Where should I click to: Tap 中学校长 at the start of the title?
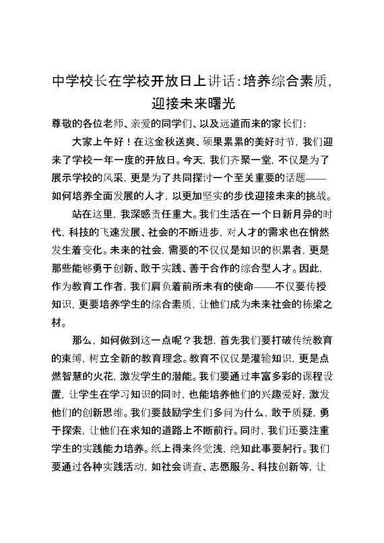[x=75, y=82]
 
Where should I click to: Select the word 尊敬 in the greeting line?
[x=62, y=124]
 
